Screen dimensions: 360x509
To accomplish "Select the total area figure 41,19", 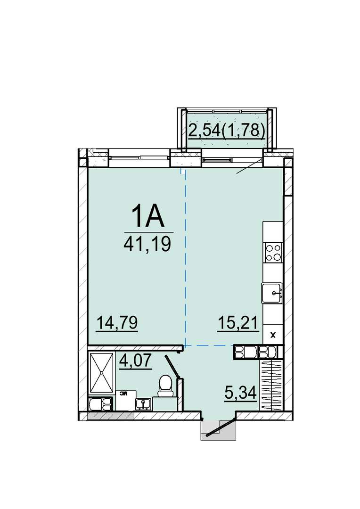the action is pyautogui.click(x=147, y=244).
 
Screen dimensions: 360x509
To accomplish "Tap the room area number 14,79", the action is pyautogui.click(x=117, y=323).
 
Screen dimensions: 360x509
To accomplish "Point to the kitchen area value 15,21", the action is pyautogui.click(x=237, y=323).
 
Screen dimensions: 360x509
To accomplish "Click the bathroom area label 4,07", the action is pyautogui.click(x=136, y=361).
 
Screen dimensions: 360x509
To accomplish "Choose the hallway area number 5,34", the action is pyautogui.click(x=241, y=393).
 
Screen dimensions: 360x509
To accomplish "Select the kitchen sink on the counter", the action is pyautogui.click(x=272, y=293).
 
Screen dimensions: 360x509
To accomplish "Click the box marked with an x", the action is pyautogui.click(x=273, y=336).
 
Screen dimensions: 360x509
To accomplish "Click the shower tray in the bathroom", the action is pyautogui.click(x=102, y=373).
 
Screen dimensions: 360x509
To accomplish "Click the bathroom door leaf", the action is pyautogui.click(x=172, y=367).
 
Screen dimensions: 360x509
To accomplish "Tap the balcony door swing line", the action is pyautogui.click(x=249, y=166).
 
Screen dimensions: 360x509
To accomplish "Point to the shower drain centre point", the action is pyautogui.click(x=102, y=373).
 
